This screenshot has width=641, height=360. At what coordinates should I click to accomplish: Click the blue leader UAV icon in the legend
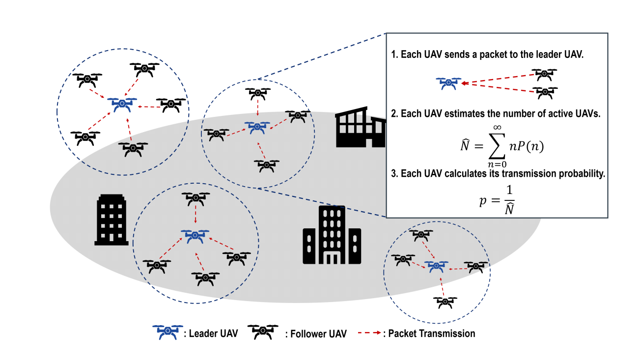click(167, 332)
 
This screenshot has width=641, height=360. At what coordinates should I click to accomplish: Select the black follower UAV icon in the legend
click(263, 332)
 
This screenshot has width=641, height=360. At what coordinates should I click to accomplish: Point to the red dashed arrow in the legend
click(370, 333)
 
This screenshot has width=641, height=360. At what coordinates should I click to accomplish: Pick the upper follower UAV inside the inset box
click(544, 74)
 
